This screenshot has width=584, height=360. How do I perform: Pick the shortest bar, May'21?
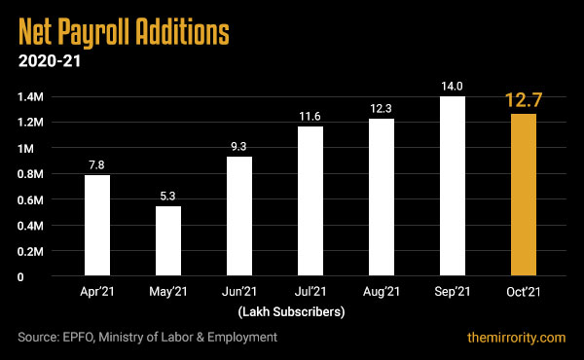(168, 241)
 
